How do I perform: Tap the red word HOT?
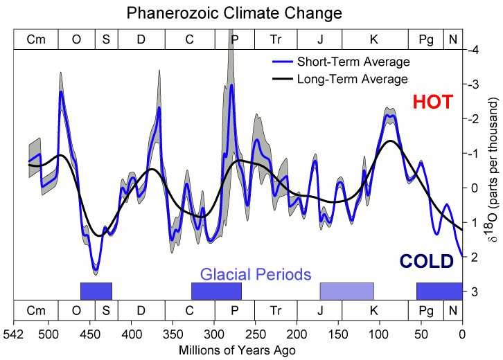coord(432,102)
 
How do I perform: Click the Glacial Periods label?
coord(256,274)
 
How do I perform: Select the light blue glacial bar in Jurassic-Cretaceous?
coord(346,291)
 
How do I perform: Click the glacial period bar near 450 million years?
coord(96,291)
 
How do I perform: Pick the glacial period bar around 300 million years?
coord(216,291)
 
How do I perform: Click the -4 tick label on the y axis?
coord(473,50)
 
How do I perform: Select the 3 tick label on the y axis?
coord(473,291)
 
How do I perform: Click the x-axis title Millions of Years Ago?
coord(238,350)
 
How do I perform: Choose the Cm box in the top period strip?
coord(36,39)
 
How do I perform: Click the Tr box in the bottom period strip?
coord(276,309)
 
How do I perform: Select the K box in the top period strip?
coord(375,39)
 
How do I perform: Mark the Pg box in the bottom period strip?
coord(426,309)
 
